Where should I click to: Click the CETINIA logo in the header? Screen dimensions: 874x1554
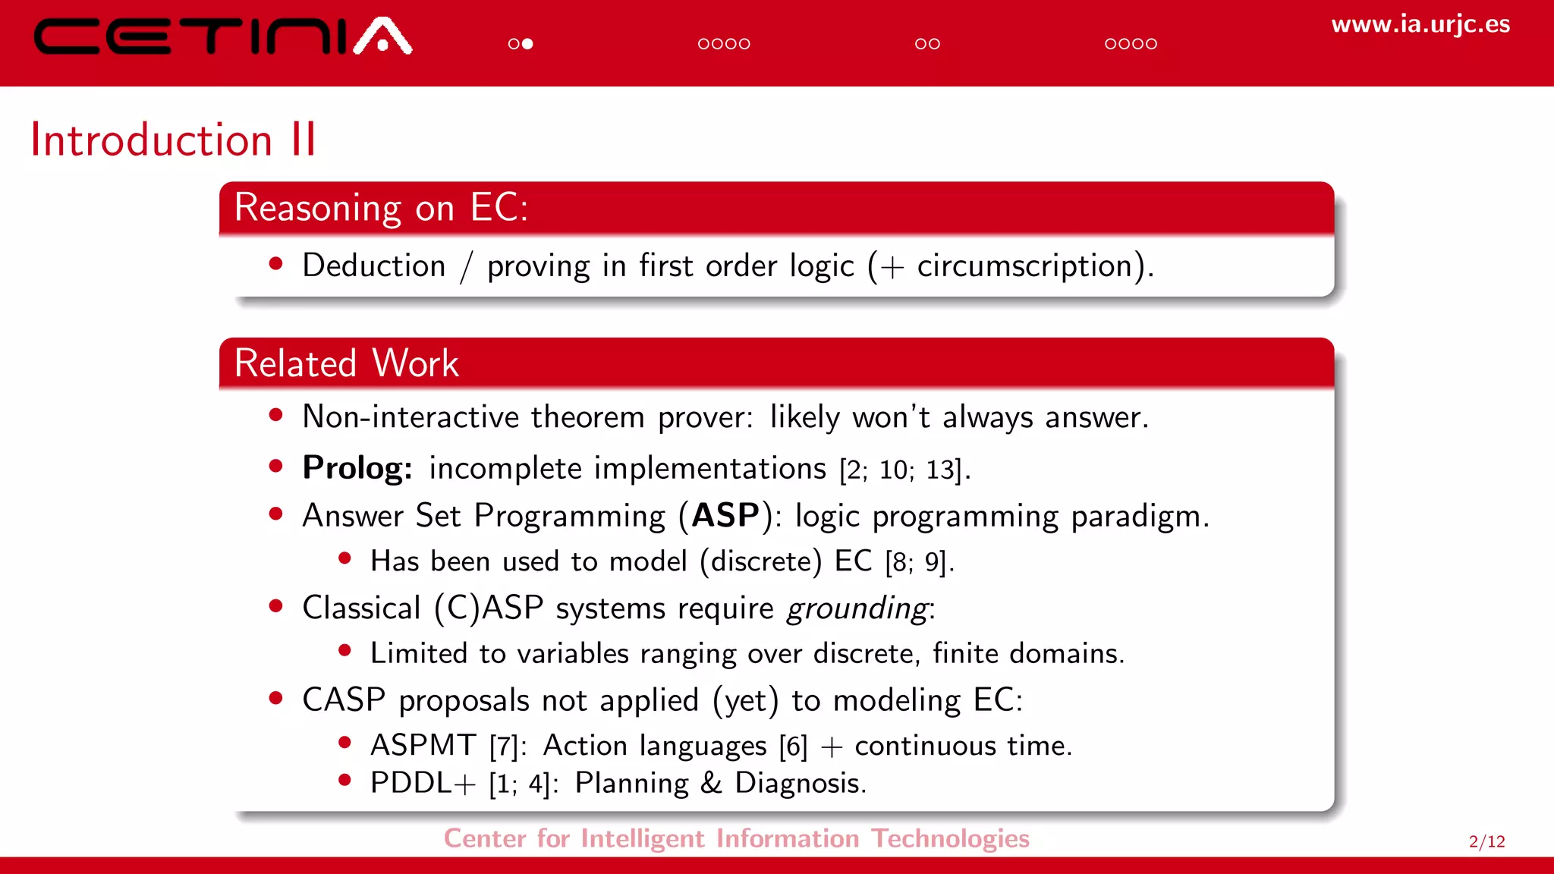coord(222,36)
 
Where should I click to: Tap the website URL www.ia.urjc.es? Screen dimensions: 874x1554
coord(1420,24)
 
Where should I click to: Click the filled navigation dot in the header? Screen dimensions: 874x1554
coord(527,44)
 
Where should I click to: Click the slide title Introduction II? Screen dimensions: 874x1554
coord(173,140)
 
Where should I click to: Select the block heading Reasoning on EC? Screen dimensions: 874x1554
coord(381,208)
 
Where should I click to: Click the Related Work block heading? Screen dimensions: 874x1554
coord(346,363)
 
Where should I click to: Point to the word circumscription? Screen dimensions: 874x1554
coord(1024,266)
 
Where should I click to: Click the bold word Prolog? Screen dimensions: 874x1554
coord(357,468)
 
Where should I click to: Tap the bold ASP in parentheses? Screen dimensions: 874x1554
coord(725,516)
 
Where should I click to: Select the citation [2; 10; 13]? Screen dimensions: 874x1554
coord(901,470)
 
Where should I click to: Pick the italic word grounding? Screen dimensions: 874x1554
coord(857,608)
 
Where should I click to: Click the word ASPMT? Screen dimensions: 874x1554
coord(423,746)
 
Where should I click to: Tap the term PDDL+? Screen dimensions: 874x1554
coord(422,784)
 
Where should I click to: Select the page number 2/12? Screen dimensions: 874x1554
coord(1486,841)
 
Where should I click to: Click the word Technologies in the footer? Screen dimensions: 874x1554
coord(949,838)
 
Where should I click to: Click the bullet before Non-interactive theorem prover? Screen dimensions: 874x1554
coord(276,415)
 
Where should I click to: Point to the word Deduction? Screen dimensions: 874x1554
coord(373,266)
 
